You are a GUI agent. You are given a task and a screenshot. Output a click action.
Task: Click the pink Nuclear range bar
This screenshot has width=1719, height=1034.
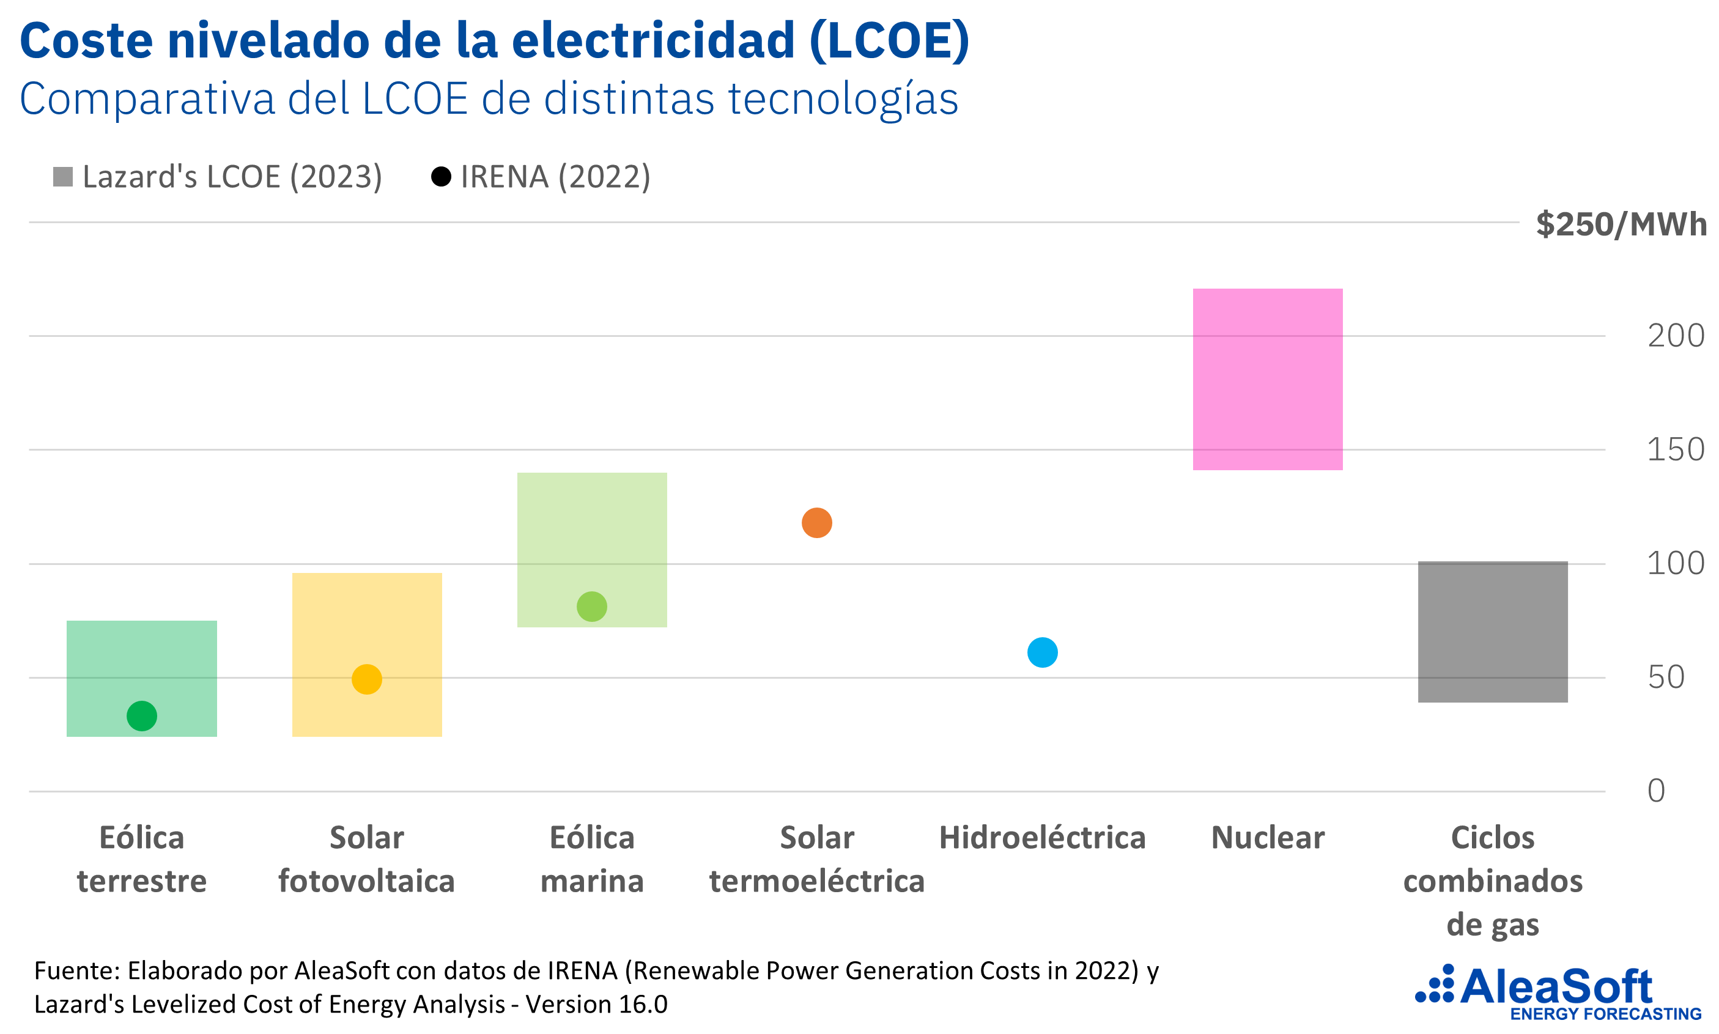1267,379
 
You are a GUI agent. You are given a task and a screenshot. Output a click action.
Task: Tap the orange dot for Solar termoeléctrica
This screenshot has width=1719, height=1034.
816,523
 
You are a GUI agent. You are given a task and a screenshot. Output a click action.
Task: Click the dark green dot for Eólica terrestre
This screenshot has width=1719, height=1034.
141,715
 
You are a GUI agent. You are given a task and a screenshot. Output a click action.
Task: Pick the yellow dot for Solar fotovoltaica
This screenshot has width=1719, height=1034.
366,679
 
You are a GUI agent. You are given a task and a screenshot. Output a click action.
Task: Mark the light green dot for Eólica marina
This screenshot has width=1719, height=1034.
591,606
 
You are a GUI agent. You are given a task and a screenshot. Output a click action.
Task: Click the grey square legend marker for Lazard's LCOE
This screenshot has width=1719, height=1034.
63,177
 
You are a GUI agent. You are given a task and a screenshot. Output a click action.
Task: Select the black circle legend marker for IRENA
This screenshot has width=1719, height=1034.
440,177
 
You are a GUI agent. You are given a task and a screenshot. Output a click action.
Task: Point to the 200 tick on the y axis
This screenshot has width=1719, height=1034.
1675,336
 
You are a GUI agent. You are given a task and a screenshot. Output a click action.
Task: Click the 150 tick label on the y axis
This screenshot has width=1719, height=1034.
1675,449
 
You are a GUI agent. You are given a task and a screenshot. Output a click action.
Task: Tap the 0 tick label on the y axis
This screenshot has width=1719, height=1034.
1655,791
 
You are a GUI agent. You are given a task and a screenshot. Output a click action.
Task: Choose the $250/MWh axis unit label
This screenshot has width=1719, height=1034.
1621,224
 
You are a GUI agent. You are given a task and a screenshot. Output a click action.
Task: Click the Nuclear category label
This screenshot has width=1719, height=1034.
1267,838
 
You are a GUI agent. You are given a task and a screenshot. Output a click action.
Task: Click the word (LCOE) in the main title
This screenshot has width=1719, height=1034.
889,40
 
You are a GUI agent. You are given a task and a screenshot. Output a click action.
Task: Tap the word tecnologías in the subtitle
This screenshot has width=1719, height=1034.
843,99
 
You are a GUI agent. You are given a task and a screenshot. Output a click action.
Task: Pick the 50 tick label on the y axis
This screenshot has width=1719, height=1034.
1665,678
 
